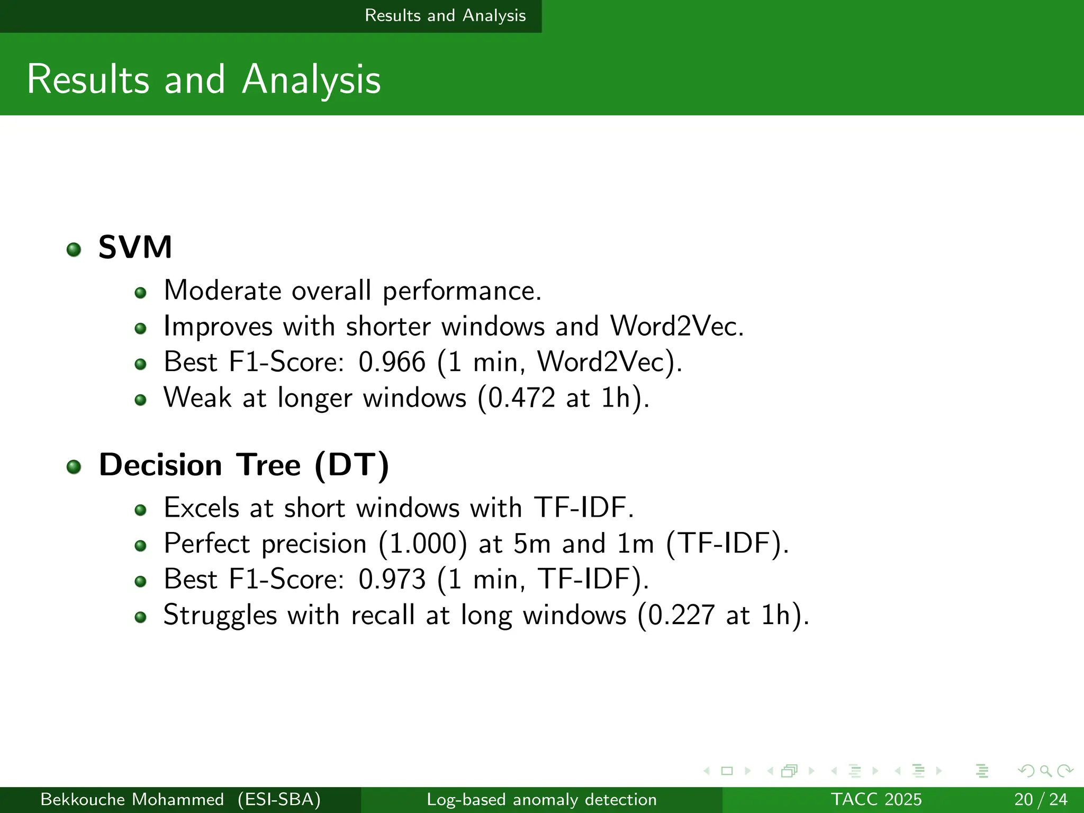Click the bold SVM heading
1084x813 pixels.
(x=135, y=247)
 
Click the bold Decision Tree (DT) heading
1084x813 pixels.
(x=243, y=465)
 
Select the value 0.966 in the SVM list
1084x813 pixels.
(x=392, y=362)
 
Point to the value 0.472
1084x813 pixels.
(x=521, y=398)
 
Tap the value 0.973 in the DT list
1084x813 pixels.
(x=392, y=579)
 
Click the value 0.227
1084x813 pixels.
(x=681, y=615)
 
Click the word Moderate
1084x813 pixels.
(x=222, y=291)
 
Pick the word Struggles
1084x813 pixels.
(x=220, y=615)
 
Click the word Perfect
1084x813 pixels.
(x=207, y=544)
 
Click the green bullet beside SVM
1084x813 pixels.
(x=74, y=249)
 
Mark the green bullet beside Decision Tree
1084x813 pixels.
(x=74, y=466)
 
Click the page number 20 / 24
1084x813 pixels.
(x=1041, y=799)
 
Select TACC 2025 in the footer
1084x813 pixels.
(x=876, y=799)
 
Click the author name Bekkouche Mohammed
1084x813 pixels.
(x=132, y=799)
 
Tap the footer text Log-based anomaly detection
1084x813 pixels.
(x=541, y=799)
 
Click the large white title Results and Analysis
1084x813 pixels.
(x=204, y=79)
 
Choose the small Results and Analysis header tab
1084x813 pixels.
(x=445, y=15)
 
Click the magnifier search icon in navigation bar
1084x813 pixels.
(x=1045, y=771)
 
